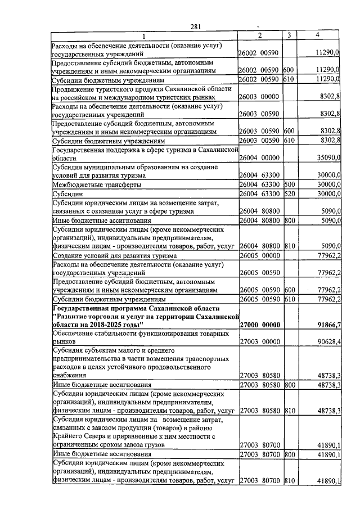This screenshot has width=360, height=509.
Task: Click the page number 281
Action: coord(195,26)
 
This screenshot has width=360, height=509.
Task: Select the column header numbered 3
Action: coord(288,35)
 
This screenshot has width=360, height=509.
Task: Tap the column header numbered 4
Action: coord(318,35)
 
